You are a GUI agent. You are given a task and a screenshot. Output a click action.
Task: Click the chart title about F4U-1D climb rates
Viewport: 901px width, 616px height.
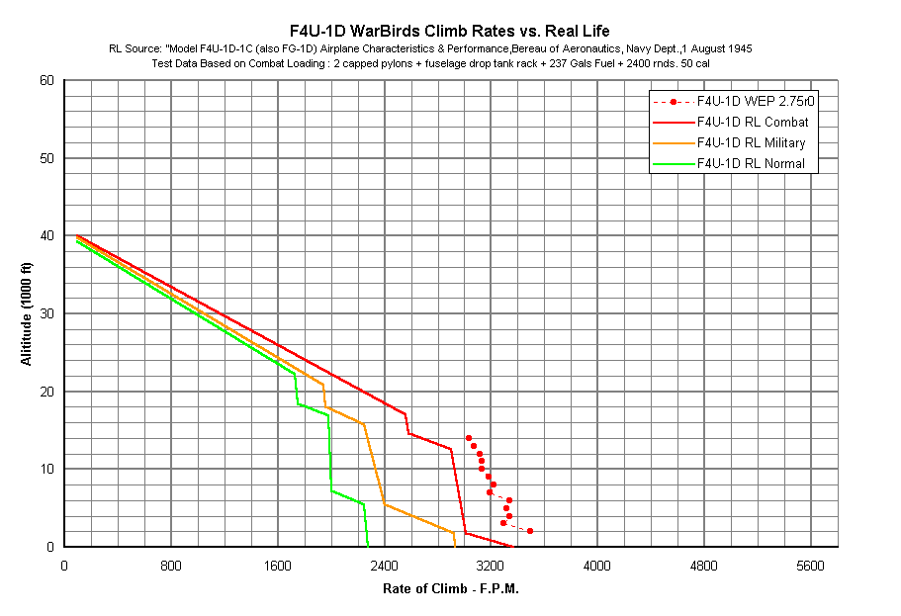coord(449,31)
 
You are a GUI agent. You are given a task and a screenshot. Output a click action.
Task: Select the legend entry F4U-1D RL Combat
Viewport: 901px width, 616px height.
coord(752,122)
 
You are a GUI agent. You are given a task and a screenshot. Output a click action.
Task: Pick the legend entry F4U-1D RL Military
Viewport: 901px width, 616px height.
coord(753,142)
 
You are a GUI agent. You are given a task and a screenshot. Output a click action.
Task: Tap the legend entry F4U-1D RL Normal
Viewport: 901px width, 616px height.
coord(751,163)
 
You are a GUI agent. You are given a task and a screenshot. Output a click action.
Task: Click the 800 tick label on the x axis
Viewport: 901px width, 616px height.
coord(171,566)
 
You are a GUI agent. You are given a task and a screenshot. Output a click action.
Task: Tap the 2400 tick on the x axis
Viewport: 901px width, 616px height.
coord(384,566)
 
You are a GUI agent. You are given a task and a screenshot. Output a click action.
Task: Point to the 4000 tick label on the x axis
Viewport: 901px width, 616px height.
coord(597,566)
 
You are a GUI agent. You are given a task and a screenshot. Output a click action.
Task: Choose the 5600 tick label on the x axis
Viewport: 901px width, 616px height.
coord(810,566)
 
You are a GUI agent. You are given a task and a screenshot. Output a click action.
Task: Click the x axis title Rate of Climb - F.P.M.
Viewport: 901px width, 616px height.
coord(451,589)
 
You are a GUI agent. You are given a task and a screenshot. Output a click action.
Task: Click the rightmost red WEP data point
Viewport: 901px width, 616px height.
coord(530,531)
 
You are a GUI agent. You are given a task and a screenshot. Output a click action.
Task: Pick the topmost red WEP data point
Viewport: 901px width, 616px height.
coord(469,438)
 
